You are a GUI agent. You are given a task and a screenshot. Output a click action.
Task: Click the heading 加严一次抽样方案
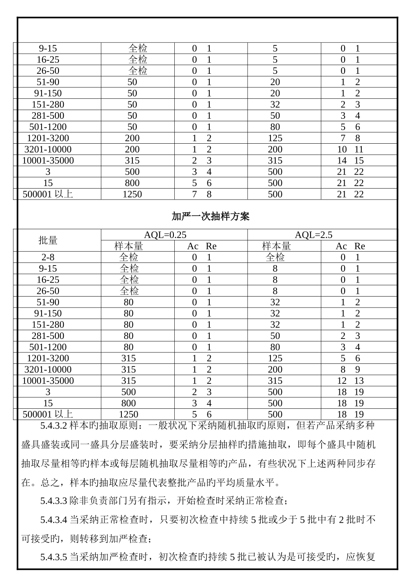210,217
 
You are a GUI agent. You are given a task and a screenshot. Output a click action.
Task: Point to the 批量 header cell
48,240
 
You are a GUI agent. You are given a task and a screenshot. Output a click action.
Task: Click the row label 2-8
48,258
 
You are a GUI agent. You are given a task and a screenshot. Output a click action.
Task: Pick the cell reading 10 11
350,149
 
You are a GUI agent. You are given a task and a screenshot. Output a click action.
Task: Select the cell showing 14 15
350,161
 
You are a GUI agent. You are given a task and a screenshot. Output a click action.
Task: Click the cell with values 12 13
350,381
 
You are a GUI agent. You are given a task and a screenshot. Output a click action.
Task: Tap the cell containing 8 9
350,369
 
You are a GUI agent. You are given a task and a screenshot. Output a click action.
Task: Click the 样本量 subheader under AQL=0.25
128,246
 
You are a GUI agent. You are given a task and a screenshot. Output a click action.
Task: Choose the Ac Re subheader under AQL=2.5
350,246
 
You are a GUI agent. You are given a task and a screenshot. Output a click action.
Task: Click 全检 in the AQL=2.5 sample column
275,258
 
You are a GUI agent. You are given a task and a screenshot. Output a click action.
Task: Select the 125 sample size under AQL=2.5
275,359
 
